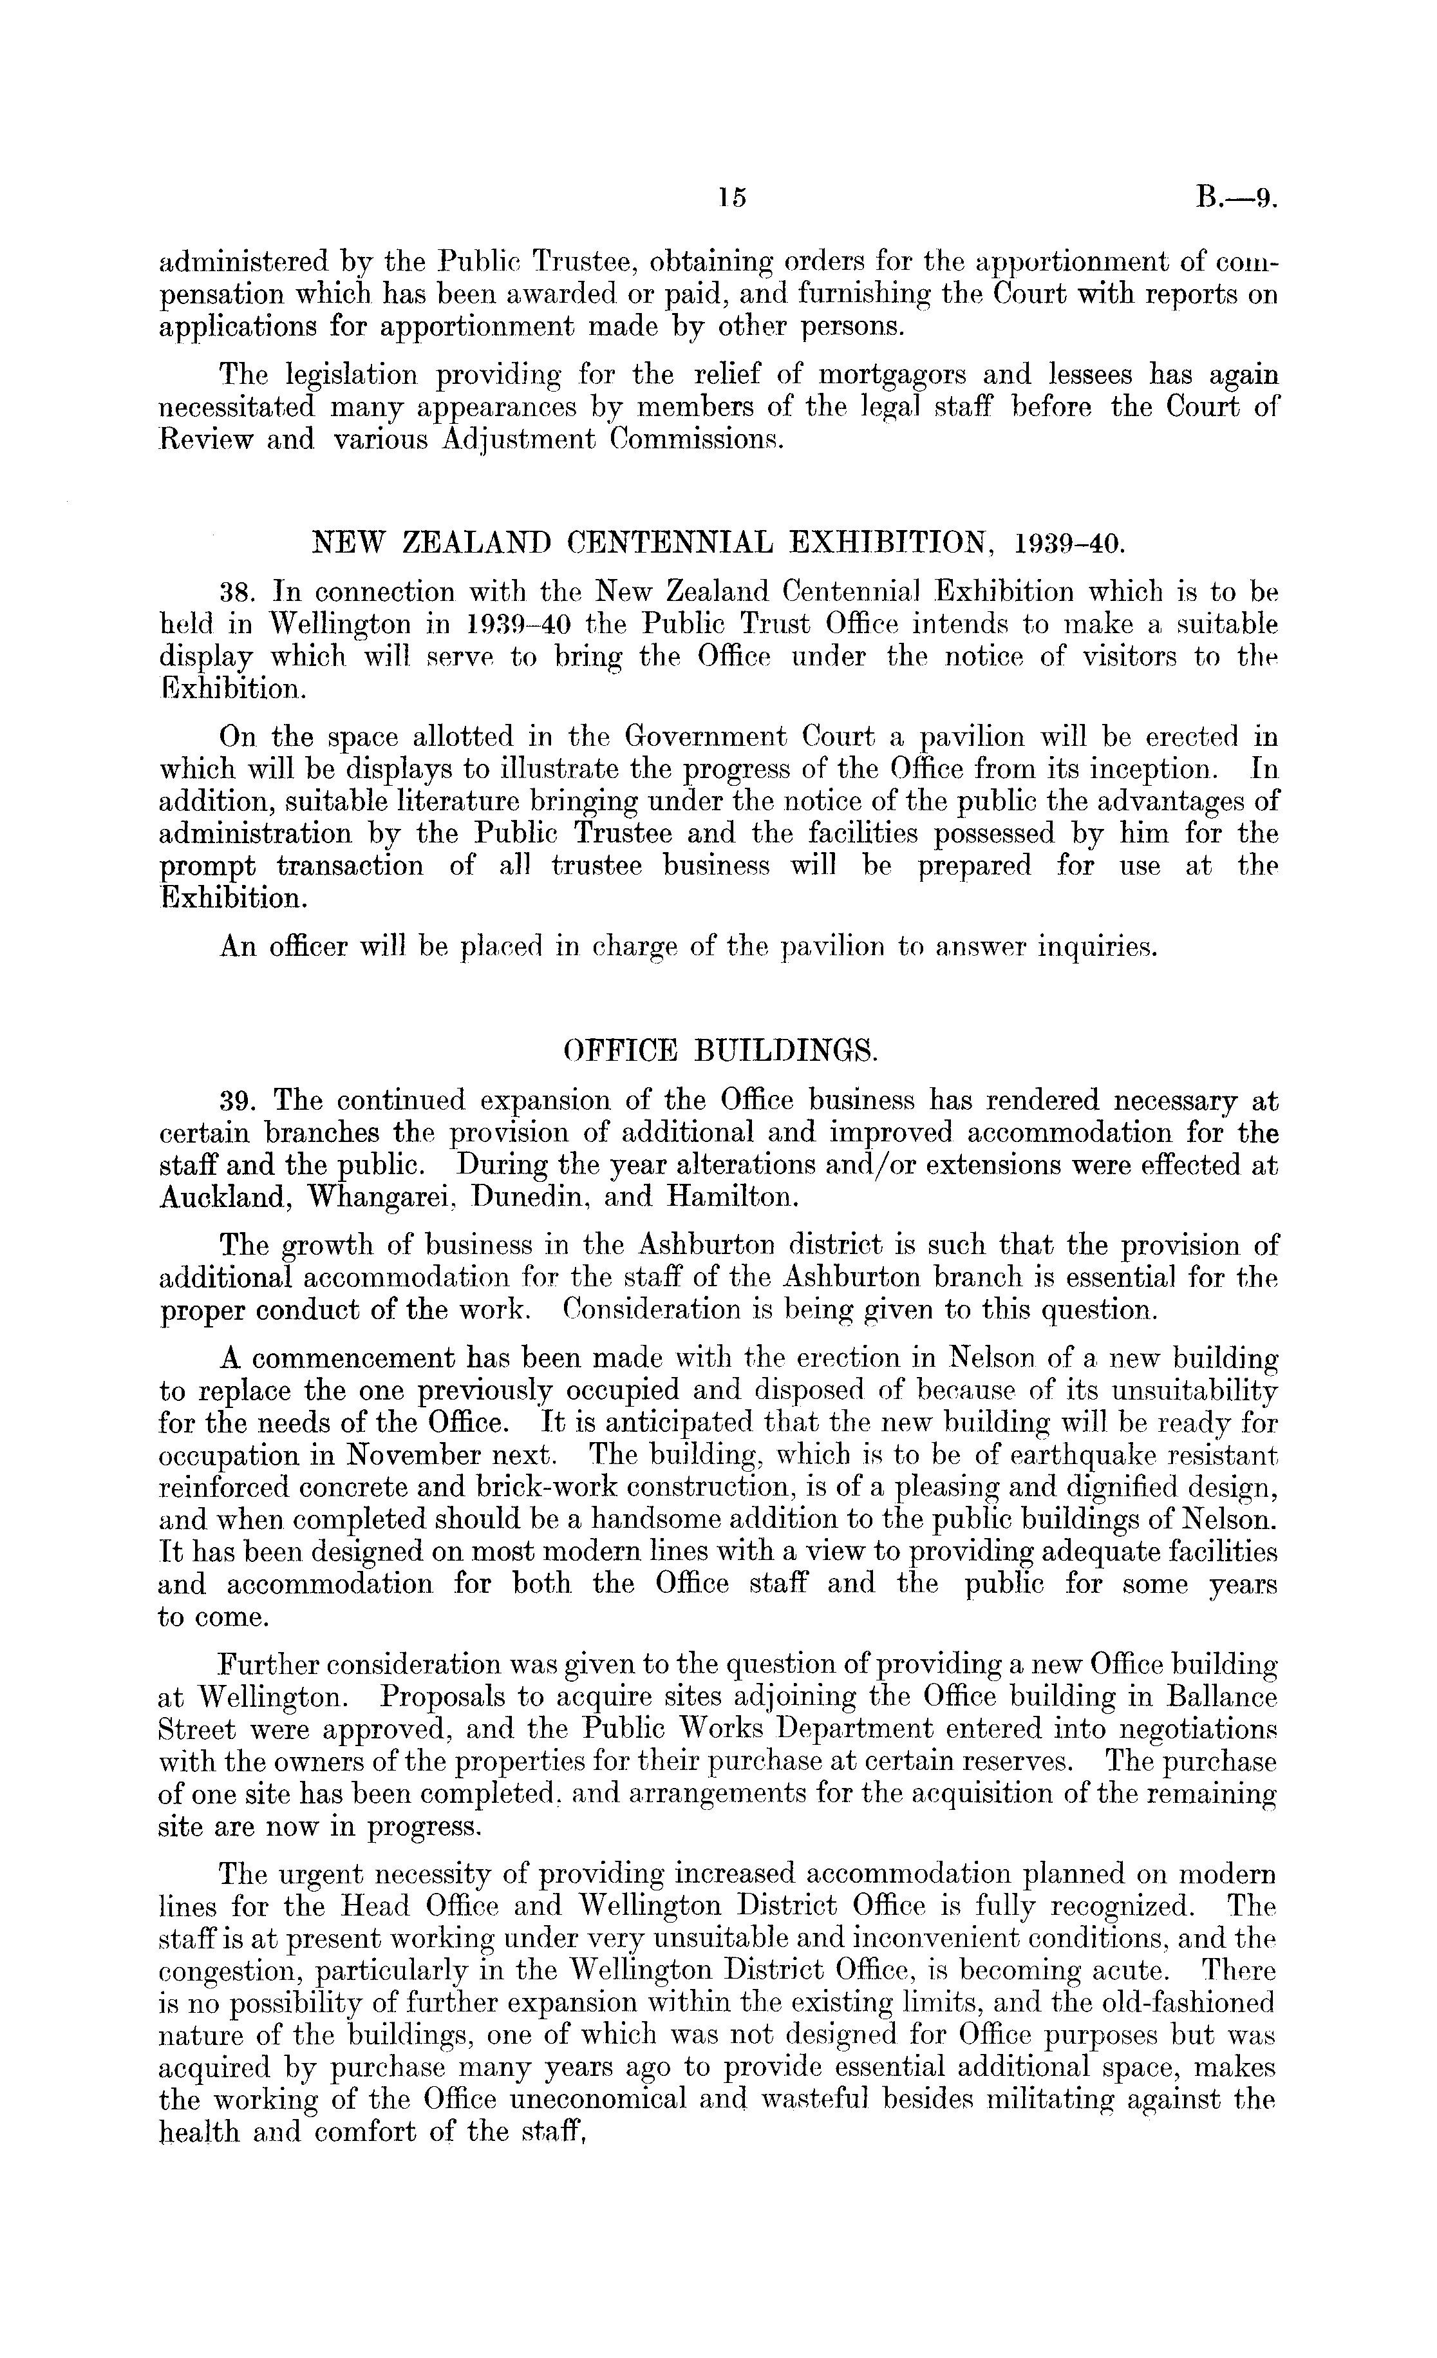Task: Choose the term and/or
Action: pyautogui.click(x=876, y=1166)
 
